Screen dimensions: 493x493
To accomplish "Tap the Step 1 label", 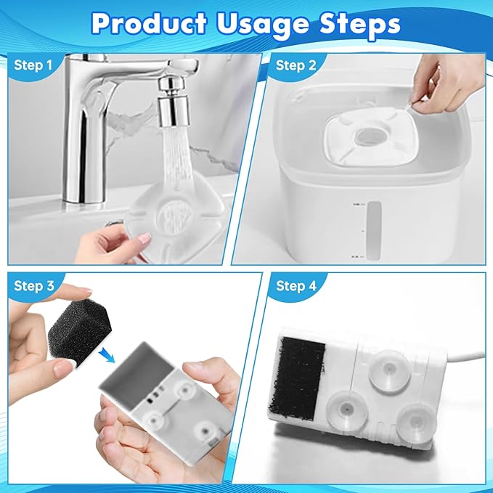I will click(33, 65).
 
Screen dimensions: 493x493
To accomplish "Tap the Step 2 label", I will click(296, 65).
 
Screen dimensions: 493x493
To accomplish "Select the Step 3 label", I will click(33, 286).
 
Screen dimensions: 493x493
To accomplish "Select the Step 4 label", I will click(296, 286).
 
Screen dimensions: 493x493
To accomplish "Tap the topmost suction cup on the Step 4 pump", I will click(388, 372).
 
